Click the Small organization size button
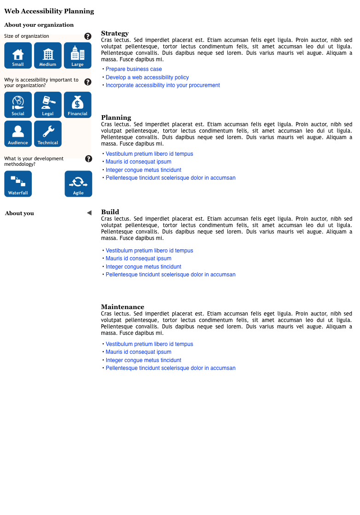click(18, 55)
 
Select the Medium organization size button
click(48, 55)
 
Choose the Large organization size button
click(77, 55)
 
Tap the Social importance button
click(18, 105)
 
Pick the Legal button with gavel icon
click(48, 105)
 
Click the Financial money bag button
click(77, 105)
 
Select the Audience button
click(18, 134)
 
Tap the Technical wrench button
click(48, 134)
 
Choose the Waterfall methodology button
click(18, 184)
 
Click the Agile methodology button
click(78, 184)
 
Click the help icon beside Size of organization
click(88, 36)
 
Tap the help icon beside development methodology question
click(88, 159)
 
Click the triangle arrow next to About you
click(89, 213)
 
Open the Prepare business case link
click(134, 69)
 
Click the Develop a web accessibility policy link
click(147, 77)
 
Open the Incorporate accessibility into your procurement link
click(163, 85)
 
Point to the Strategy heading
click(115, 33)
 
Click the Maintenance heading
click(122, 307)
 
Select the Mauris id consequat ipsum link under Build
click(139, 258)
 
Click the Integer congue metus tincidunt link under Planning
click(144, 170)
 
